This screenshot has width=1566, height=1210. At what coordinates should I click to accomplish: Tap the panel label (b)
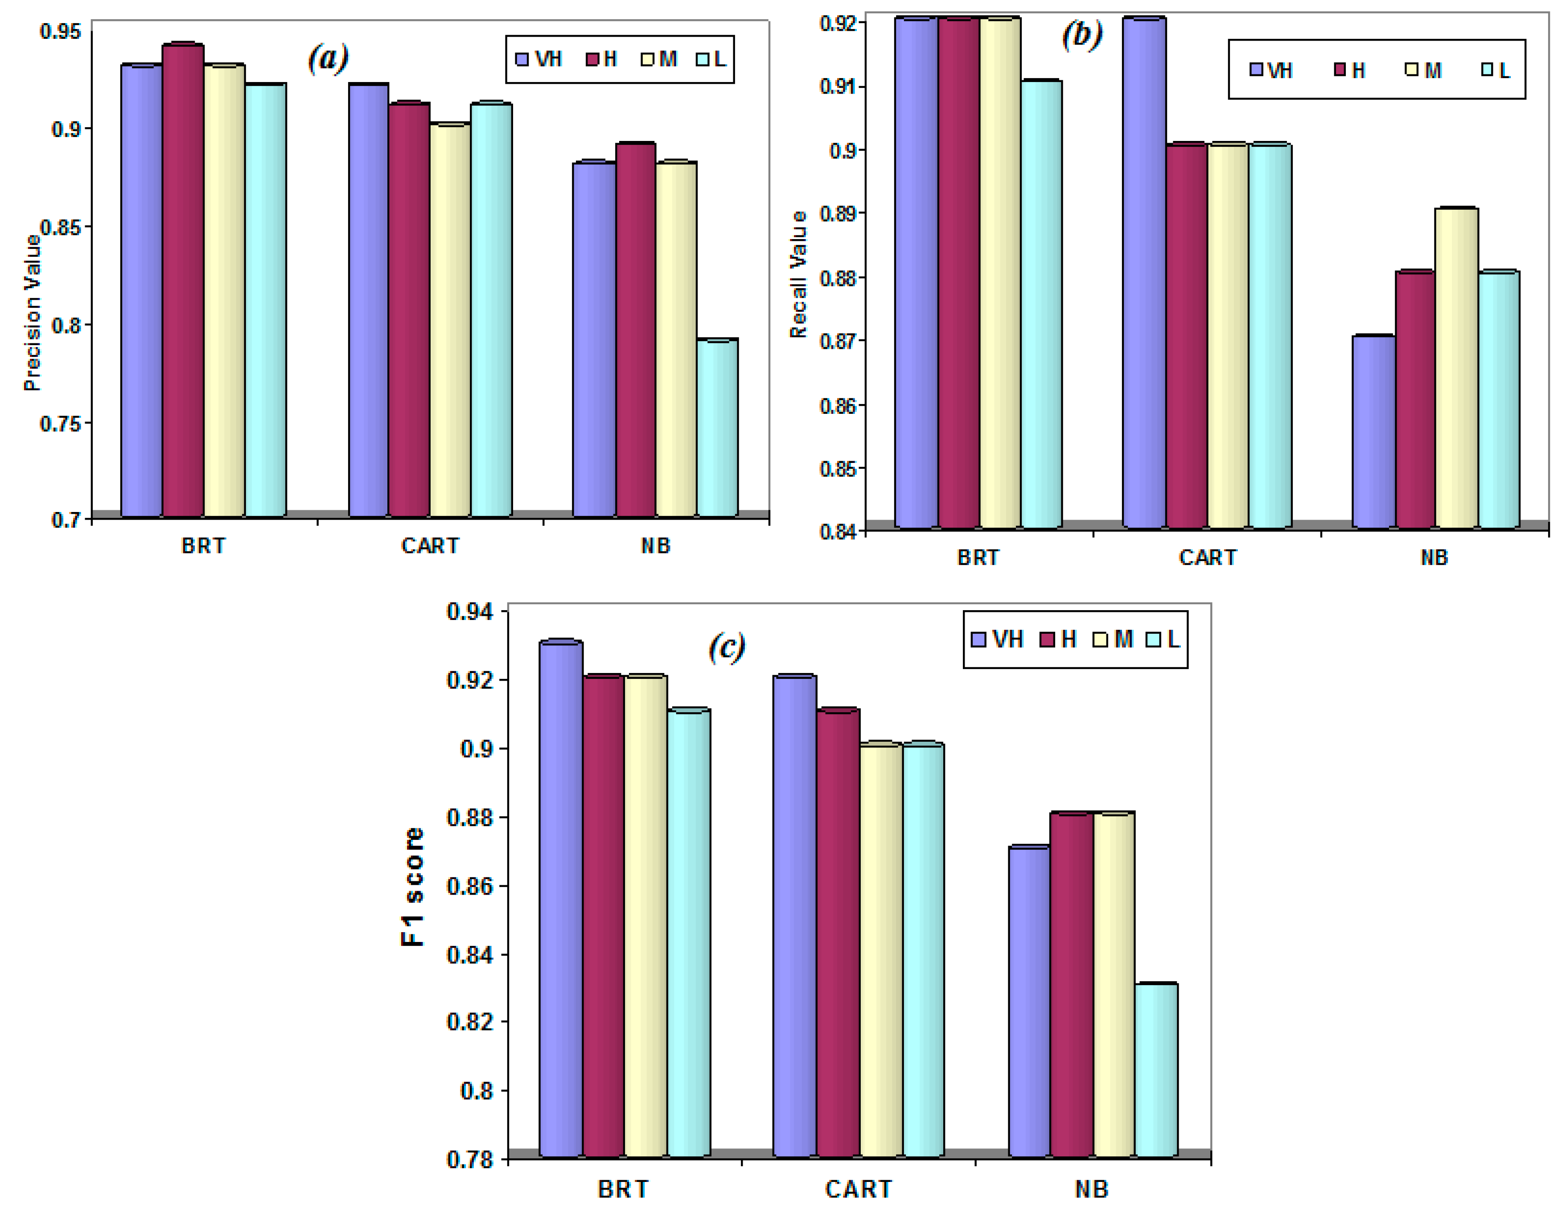1081,34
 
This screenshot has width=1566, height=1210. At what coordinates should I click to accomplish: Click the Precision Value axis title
32,312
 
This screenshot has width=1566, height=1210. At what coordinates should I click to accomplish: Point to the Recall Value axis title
798,275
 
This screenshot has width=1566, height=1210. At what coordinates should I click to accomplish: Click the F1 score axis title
413,887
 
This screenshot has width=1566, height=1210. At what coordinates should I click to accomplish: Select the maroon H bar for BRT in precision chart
183,280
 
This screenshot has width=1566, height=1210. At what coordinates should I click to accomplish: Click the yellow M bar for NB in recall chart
1456,368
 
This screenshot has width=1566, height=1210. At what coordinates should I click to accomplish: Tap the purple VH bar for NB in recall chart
1373,432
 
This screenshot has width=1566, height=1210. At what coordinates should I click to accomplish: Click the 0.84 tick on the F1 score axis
470,954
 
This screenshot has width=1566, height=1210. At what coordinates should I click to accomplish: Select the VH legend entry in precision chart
540,59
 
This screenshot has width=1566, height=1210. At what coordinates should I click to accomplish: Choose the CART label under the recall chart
1208,558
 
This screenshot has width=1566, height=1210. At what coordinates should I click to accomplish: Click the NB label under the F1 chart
1091,1189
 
